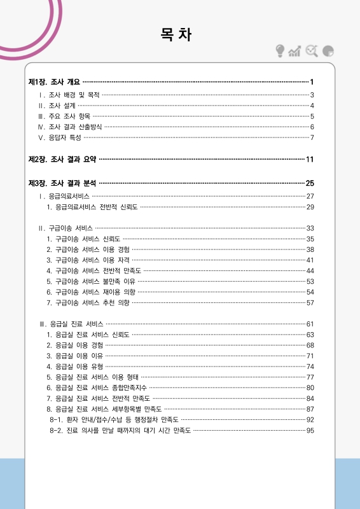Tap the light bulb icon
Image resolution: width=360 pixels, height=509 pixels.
tap(280, 51)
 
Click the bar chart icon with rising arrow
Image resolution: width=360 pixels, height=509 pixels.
tap(294, 51)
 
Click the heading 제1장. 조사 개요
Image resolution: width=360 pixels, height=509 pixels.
tap(55, 82)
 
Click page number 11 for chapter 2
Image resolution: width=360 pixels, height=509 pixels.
tap(310, 159)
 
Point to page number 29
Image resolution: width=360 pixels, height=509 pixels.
tap(310, 207)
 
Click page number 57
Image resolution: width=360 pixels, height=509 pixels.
tap(310, 302)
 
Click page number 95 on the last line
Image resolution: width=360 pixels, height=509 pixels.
tap(310, 431)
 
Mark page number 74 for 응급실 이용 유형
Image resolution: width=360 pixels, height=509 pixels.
tap(310, 366)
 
